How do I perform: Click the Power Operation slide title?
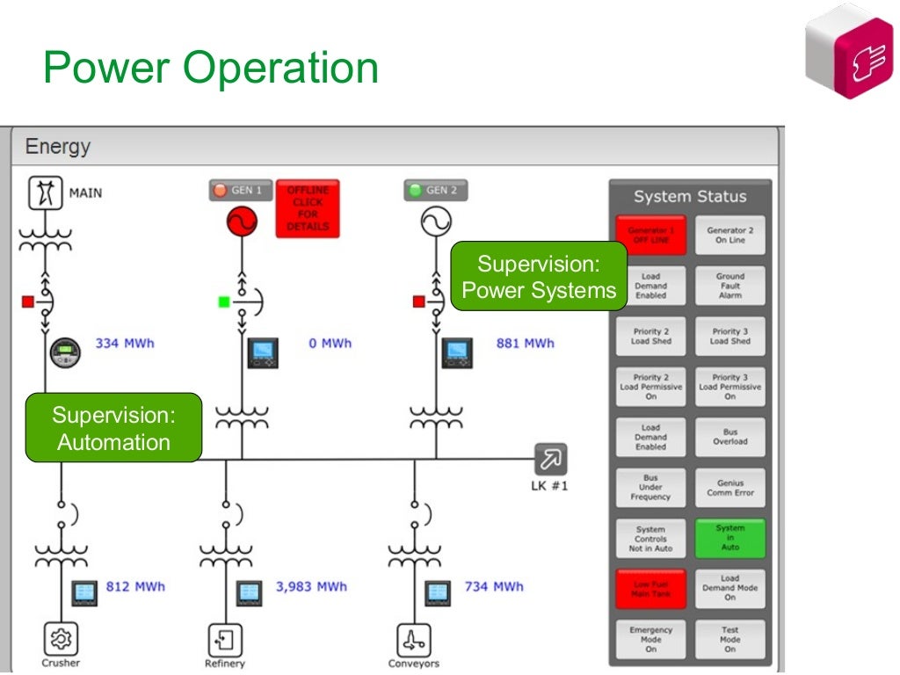point(211,68)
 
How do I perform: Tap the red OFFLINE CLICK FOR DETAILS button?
point(308,209)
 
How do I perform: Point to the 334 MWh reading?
point(124,343)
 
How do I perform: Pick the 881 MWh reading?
point(525,343)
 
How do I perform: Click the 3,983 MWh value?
point(311,586)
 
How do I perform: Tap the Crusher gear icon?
point(61,639)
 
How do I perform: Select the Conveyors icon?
point(413,639)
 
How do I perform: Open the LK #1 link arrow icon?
point(551,459)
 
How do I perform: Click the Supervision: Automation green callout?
point(113,428)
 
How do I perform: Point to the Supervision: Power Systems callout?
point(539,277)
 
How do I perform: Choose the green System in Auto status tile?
point(729,538)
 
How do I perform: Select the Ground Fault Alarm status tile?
point(729,286)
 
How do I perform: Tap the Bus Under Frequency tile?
point(650,488)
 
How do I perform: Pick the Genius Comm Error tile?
point(729,488)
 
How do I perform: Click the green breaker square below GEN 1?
point(224,301)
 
